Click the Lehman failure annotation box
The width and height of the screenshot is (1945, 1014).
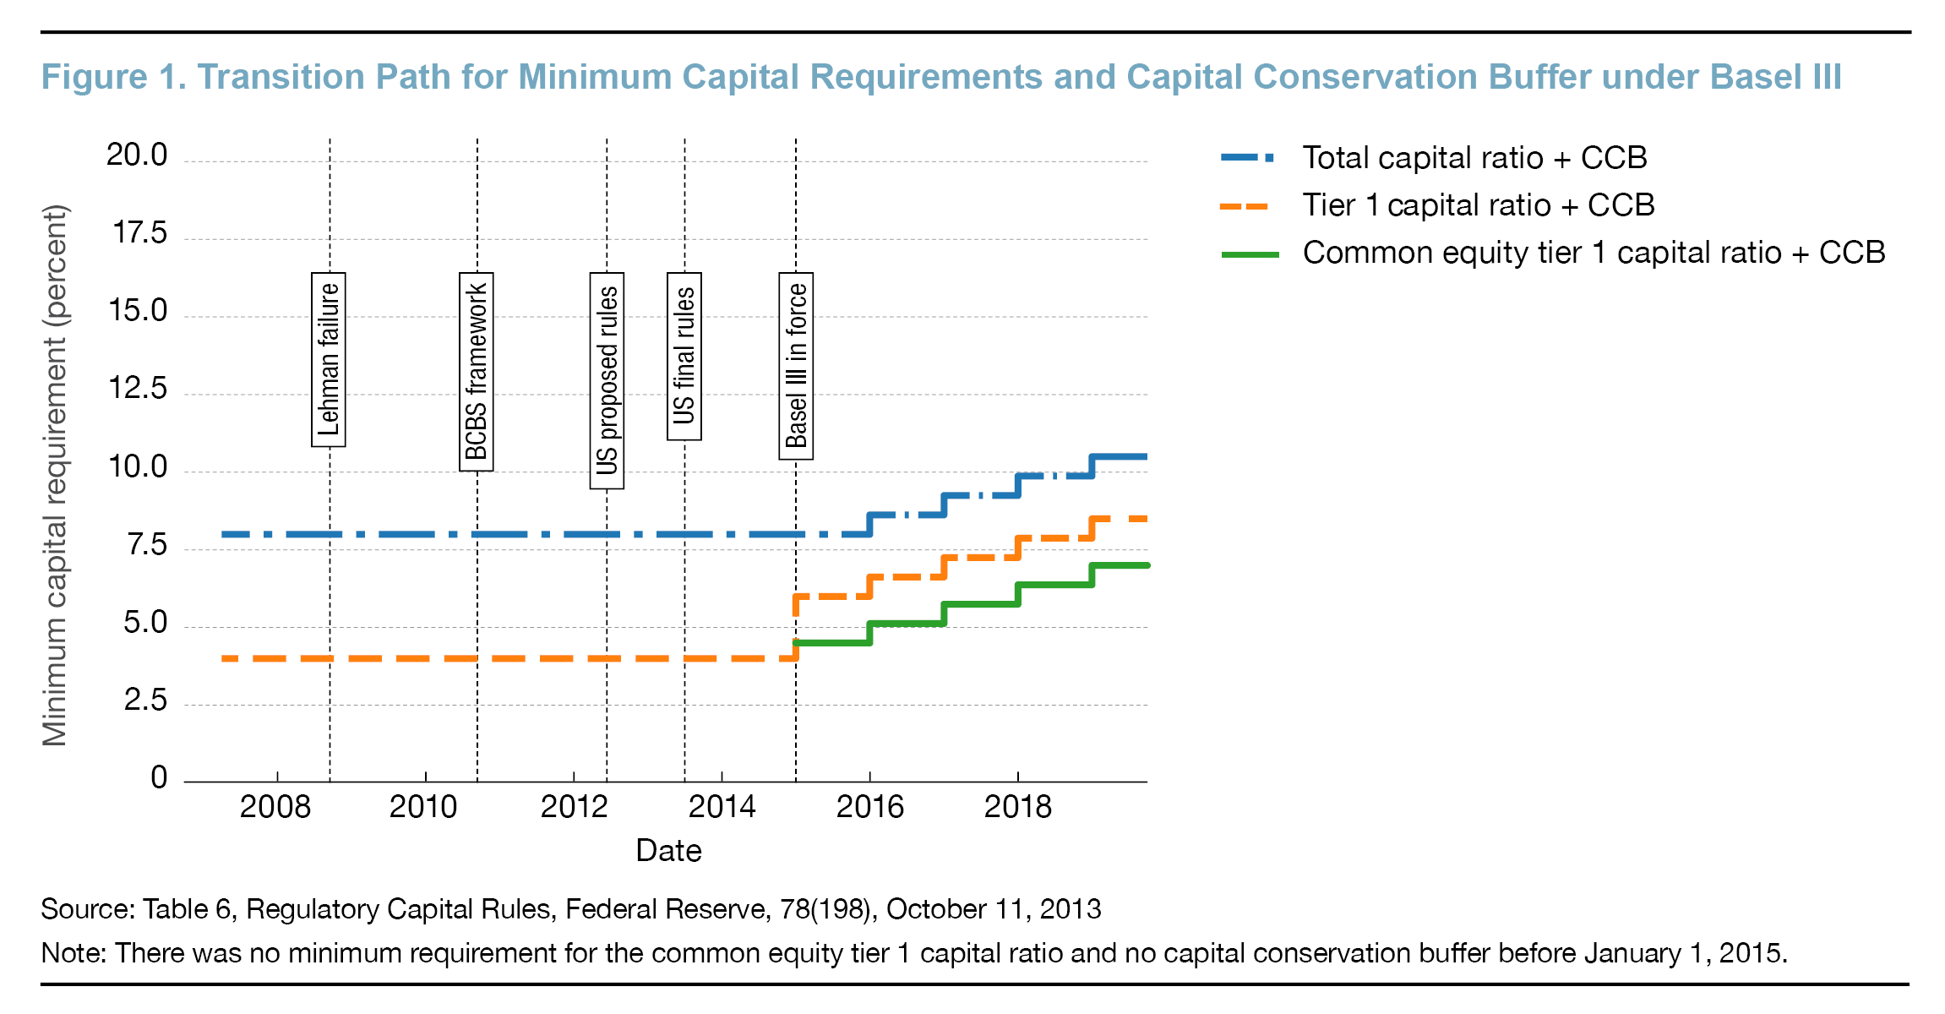click(x=329, y=359)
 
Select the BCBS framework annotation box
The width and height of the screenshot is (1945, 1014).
click(x=477, y=372)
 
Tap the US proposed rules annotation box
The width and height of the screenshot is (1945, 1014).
click(x=607, y=380)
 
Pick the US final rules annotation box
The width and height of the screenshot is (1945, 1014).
click(x=684, y=356)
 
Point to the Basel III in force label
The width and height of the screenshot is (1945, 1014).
click(x=796, y=366)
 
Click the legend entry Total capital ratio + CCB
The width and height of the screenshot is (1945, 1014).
click(x=1474, y=158)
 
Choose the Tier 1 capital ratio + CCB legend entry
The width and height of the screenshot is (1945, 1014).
click(x=1477, y=205)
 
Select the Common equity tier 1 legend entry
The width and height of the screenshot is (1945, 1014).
click(x=1593, y=253)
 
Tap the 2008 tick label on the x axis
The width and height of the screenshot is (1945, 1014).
click(x=275, y=807)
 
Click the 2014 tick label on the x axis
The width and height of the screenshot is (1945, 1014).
click(x=722, y=807)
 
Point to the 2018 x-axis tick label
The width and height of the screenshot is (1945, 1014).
click(x=1017, y=807)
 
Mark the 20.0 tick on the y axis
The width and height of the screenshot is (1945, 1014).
click(x=137, y=155)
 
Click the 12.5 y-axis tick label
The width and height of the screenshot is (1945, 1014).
click(x=138, y=389)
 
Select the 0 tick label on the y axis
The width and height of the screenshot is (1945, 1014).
click(x=159, y=777)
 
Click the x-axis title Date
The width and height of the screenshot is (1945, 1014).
click(x=668, y=850)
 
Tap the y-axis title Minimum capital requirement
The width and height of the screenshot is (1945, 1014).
click(x=55, y=475)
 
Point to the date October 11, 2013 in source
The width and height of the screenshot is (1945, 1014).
click(x=994, y=909)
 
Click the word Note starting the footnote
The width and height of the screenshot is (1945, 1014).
click(x=72, y=953)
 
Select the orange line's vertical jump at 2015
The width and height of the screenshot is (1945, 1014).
click(x=796, y=627)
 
